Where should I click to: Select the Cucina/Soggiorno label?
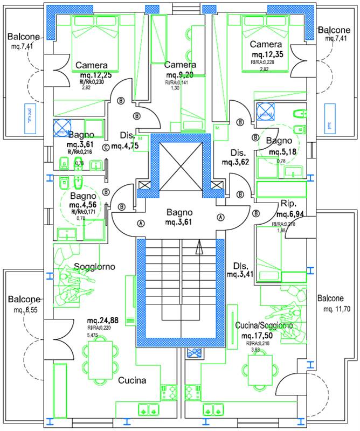[x=264, y=326]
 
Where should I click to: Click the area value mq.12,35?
[x=267, y=54]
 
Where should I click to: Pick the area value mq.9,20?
[x=181, y=75]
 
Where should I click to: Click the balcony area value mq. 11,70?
[x=337, y=309]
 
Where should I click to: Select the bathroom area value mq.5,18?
[x=282, y=151]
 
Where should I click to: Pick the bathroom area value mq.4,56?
[x=82, y=205]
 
